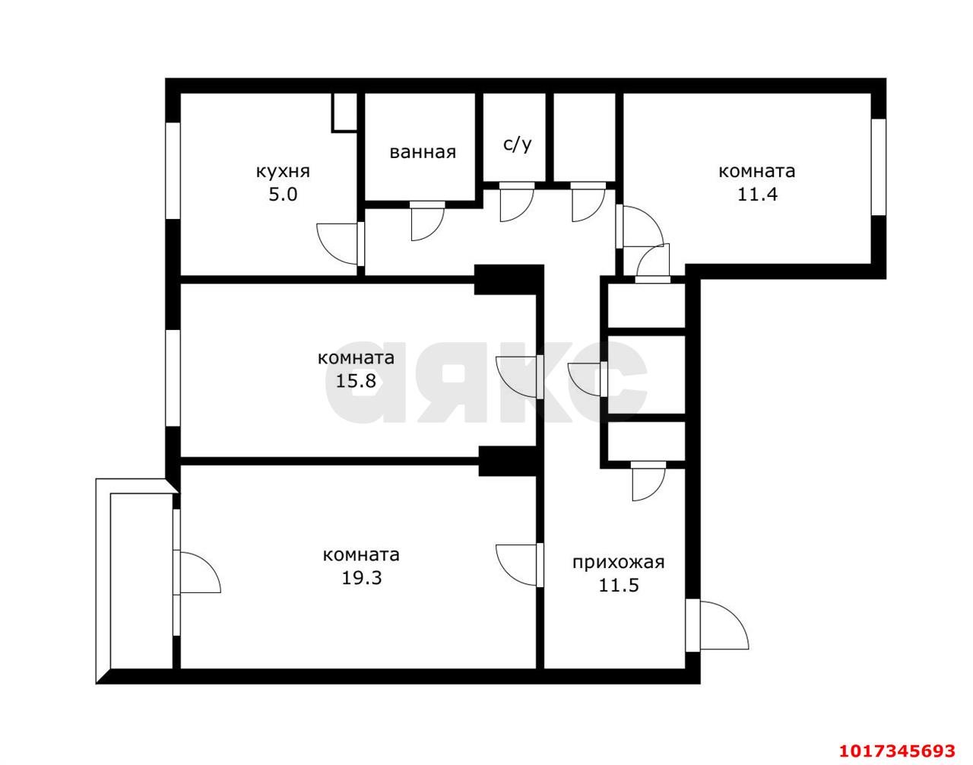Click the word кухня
coord(283,172)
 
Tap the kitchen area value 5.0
coord(283,195)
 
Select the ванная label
coord(423,152)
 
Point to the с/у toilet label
coord(518,144)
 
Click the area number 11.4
coord(757,195)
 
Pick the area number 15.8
coord(356,381)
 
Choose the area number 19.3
coord(362,578)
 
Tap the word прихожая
coord(618,562)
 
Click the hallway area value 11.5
coord(619,586)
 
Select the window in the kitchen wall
coord(173,170)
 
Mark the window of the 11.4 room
coord(878,167)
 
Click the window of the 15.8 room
coord(173,379)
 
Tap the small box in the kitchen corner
coord(344,113)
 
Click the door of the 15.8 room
coord(519,376)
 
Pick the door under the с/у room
coord(517,202)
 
